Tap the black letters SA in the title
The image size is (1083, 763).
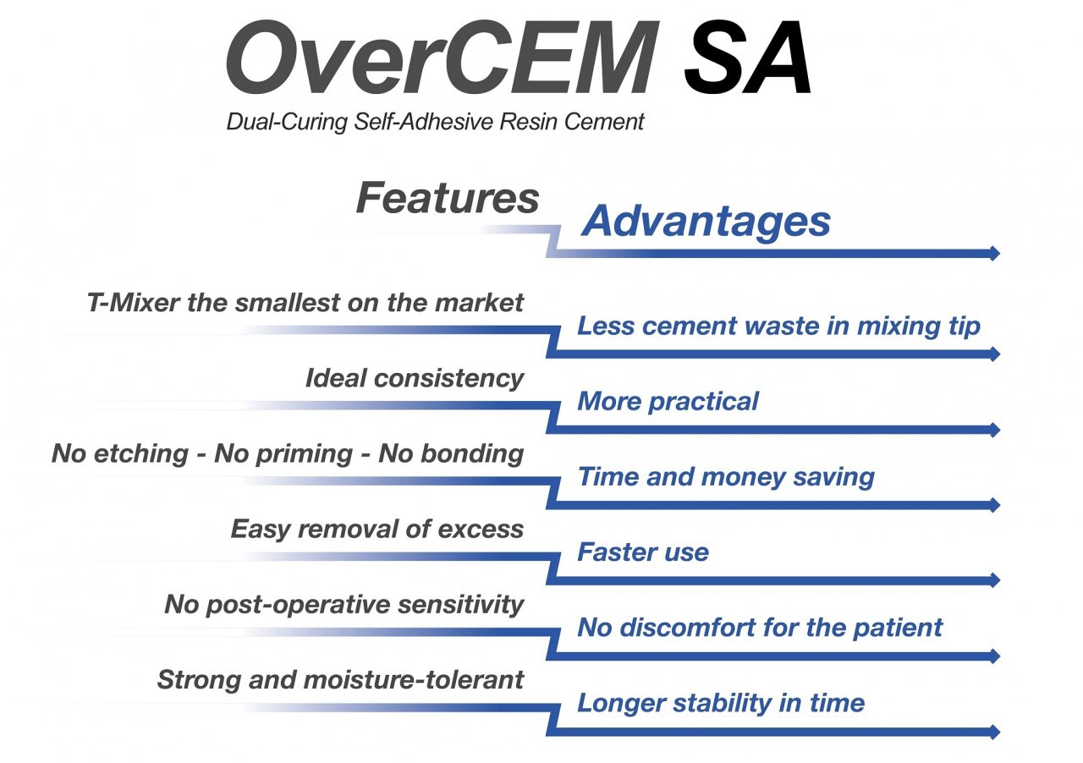coord(747,57)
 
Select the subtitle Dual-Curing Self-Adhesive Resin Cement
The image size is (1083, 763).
coord(435,121)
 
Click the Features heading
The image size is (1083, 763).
coord(448,198)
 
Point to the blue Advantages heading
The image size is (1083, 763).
coord(706,222)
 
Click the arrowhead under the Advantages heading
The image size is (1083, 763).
coord(995,253)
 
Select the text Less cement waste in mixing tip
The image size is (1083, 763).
coord(779,327)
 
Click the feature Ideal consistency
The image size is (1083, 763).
coord(415,379)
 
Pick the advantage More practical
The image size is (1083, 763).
coord(668,402)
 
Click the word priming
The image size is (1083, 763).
coord(304,455)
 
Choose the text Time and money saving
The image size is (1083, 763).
coord(726,478)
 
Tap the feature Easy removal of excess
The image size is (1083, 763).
coord(377,530)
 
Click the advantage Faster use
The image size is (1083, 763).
coord(643,552)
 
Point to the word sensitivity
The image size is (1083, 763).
coord(461,605)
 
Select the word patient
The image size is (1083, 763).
coord(898,629)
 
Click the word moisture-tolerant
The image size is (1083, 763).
coord(414,680)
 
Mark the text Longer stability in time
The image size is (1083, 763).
coord(721,704)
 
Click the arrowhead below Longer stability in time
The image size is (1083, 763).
coord(995,732)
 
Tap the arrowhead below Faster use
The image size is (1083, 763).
coord(995,579)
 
